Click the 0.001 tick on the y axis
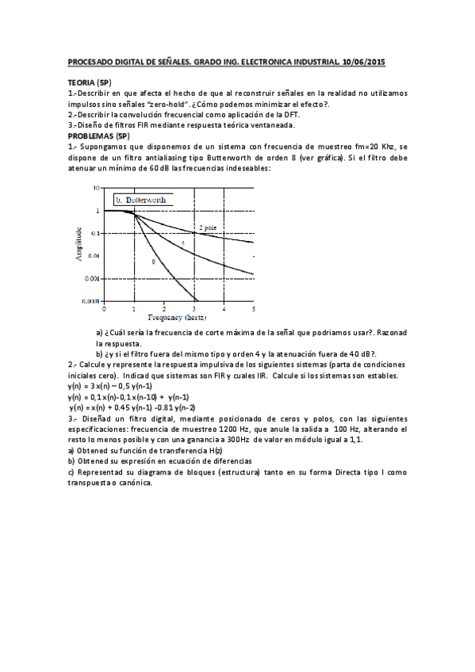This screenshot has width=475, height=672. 94,279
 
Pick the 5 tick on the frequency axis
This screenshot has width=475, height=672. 253,307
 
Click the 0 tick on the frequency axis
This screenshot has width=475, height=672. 105,307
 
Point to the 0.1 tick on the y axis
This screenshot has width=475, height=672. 95,233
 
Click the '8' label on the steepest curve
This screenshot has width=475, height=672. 153,260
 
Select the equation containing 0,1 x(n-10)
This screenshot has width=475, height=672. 128,395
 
